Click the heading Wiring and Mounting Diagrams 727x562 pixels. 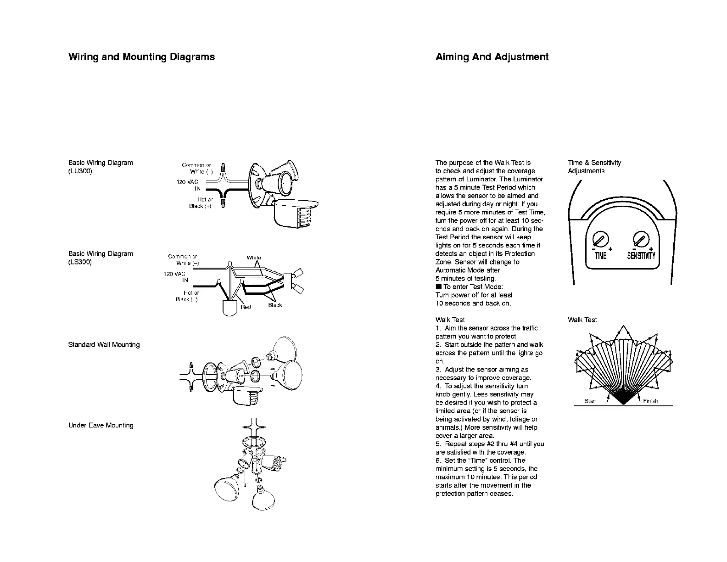click(141, 57)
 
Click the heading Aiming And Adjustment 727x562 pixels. click(492, 57)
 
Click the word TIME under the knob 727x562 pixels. click(600, 256)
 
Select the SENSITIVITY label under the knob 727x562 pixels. click(641, 256)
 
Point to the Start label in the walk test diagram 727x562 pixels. click(590, 401)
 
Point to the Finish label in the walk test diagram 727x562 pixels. click(650, 401)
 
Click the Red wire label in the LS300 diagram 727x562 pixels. click(246, 307)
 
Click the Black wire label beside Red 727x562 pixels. click(275, 305)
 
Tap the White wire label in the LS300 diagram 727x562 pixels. click(254, 258)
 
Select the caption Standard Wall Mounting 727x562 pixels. click(104, 345)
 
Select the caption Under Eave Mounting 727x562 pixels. click(101, 425)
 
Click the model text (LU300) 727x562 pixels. click(80, 171)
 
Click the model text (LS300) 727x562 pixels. click(80, 262)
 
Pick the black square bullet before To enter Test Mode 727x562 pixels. click(438, 287)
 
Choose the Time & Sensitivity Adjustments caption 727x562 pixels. click(594, 167)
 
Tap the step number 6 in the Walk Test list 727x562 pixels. click(437, 461)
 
